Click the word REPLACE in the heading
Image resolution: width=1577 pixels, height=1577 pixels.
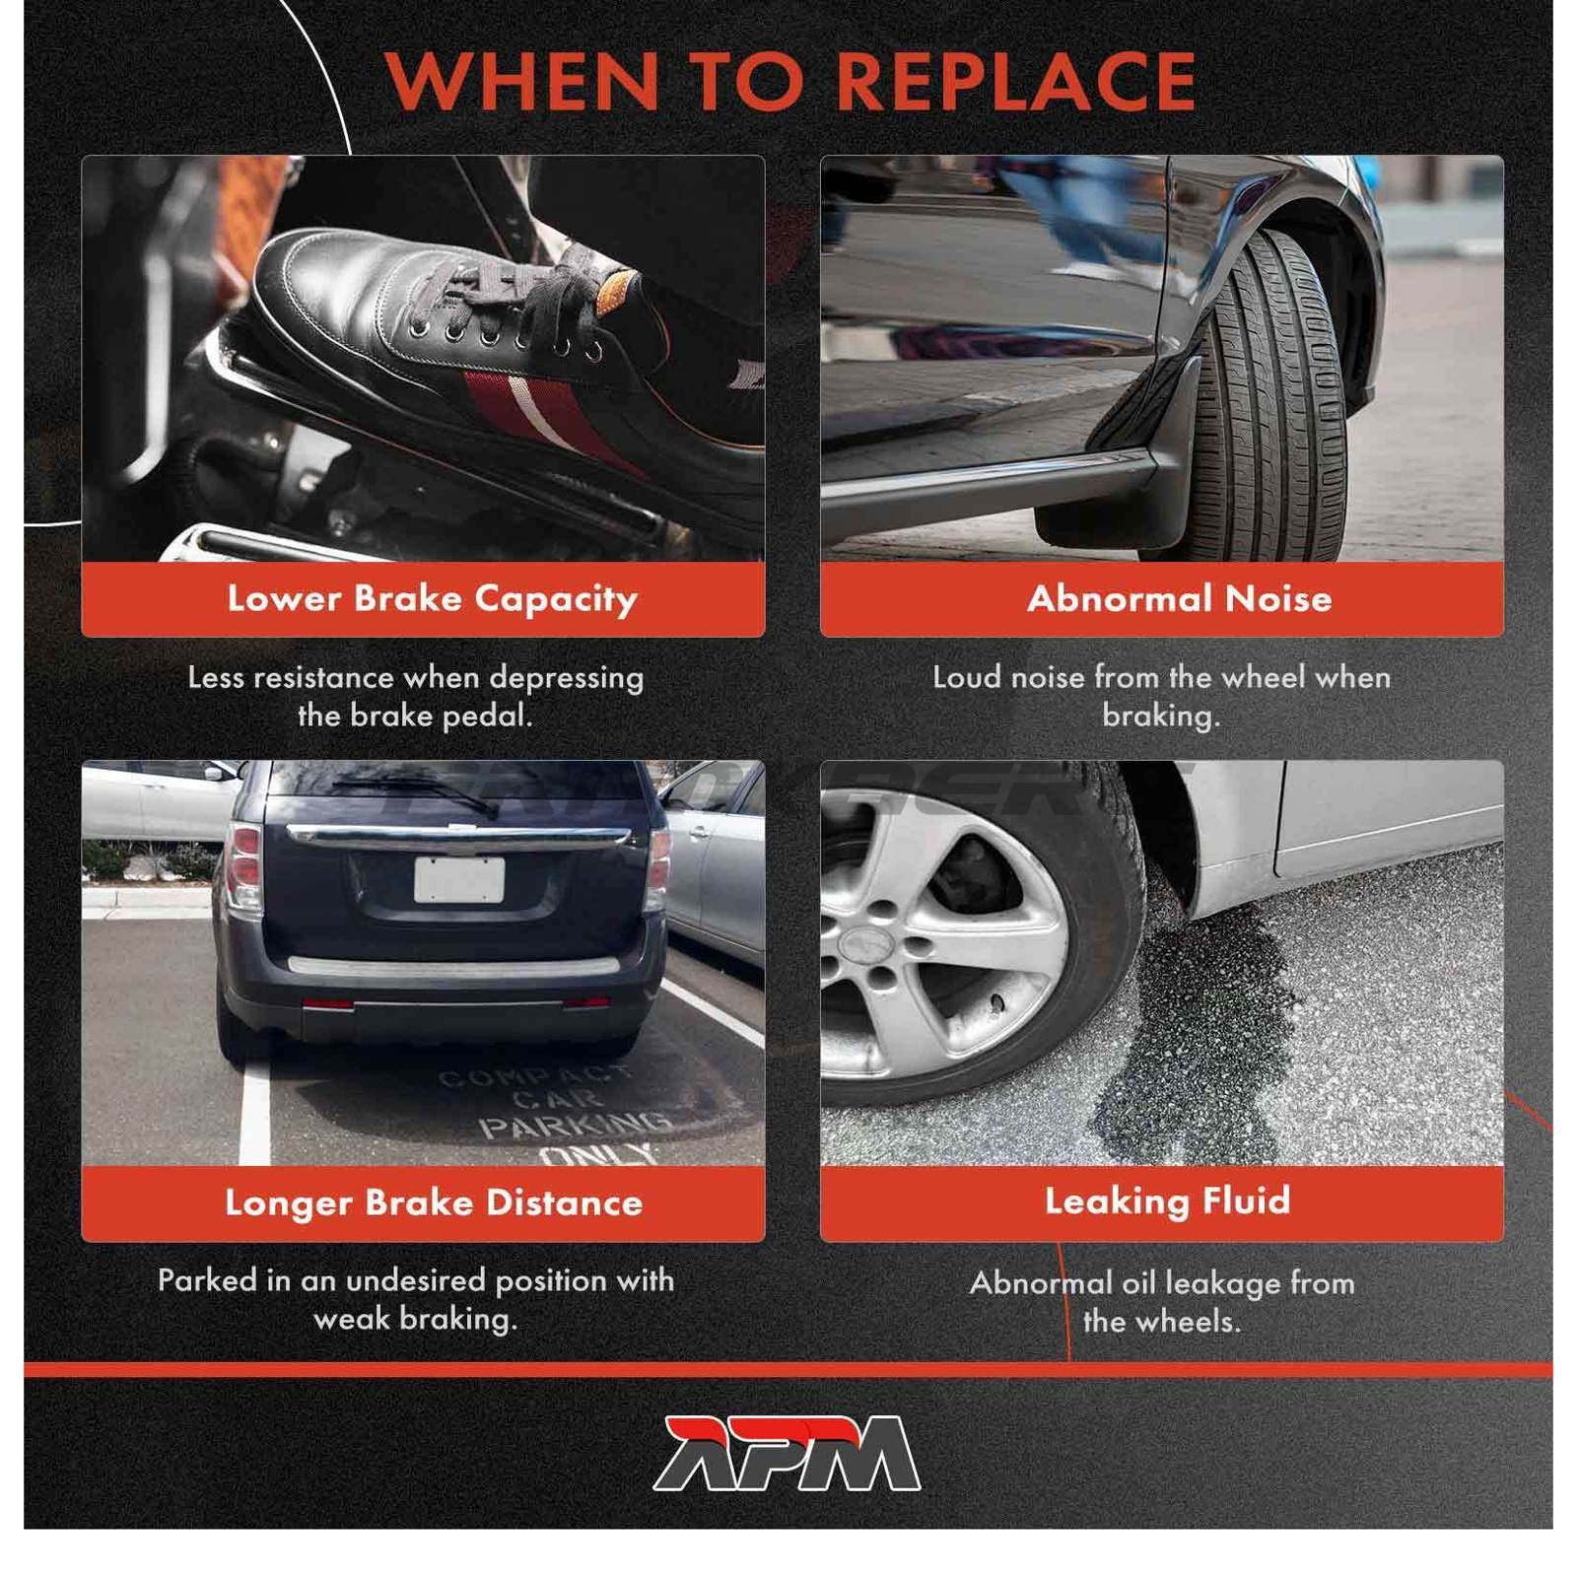[x=1020, y=81]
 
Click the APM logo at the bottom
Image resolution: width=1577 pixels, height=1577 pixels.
[x=788, y=1453]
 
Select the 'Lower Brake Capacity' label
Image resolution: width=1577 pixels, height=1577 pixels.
[x=433, y=599]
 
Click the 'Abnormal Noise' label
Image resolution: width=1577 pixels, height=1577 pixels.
[x=1180, y=598]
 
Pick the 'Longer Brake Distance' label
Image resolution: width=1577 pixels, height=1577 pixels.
[x=434, y=1202]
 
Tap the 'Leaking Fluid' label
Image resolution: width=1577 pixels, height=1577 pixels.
[x=1168, y=1200]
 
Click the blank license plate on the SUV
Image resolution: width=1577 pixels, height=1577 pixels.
[x=459, y=880]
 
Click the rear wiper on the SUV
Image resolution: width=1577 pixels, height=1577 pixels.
[x=414, y=792]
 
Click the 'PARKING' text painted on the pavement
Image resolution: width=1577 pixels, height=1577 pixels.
[x=574, y=1124]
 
